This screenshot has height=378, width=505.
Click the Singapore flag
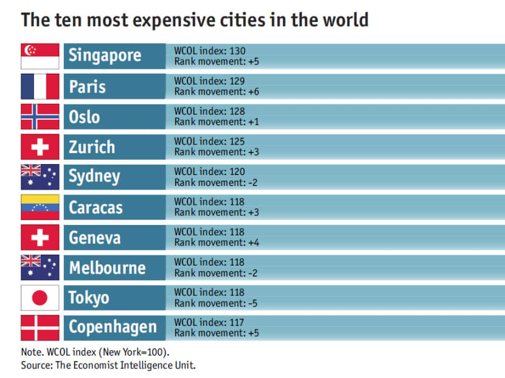[40, 56]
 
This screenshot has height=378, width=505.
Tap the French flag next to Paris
[40, 86]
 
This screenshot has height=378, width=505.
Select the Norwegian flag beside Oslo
[40, 116]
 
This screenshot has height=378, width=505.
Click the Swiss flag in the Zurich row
[40, 146]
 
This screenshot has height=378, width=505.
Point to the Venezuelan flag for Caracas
[40, 207]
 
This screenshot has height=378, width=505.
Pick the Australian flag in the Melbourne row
[40, 267]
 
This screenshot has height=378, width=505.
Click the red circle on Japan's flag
[40, 298]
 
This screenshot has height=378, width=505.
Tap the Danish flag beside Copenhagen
[40, 328]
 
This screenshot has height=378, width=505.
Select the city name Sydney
[94, 177]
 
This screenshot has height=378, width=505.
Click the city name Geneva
[94, 237]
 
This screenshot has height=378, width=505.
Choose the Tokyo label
[89, 298]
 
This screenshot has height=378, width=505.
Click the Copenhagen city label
[113, 328]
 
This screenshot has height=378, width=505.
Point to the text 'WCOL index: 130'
[209, 51]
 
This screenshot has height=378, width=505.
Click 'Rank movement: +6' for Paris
[217, 91]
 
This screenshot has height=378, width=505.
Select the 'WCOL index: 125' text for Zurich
[209, 142]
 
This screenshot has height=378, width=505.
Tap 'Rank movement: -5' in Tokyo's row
[216, 303]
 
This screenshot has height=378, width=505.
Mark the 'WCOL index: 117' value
[209, 323]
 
